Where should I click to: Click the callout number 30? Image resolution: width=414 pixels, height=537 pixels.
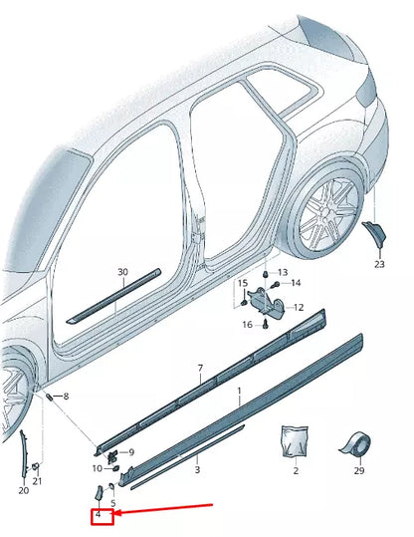[121, 272]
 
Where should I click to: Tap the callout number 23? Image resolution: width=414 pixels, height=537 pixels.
[379, 264]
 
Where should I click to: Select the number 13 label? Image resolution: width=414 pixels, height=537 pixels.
[282, 273]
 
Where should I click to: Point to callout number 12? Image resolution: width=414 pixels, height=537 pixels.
[298, 308]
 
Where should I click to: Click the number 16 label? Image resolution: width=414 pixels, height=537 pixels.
[246, 325]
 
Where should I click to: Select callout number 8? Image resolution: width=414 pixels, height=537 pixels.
[66, 397]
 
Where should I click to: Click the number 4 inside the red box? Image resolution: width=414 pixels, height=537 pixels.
[99, 515]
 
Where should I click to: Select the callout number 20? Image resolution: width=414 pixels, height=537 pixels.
[24, 489]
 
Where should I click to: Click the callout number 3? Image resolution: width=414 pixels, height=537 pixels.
[197, 468]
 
